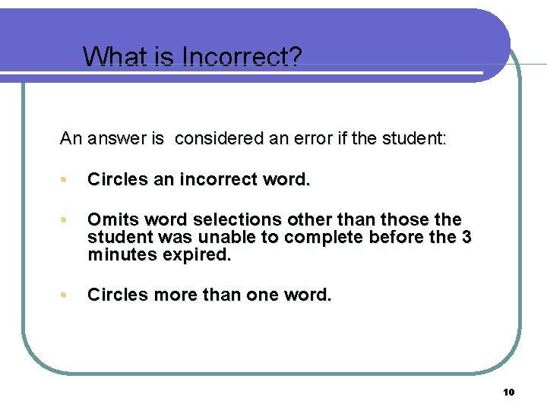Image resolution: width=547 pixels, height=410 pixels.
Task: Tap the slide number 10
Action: click(x=508, y=392)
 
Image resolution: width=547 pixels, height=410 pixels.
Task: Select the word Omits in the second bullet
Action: click(x=112, y=219)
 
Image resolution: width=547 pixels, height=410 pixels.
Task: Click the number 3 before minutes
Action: click(x=466, y=237)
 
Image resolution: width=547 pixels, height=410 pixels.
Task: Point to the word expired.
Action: click(x=197, y=254)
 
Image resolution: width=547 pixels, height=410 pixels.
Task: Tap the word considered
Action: click(x=215, y=138)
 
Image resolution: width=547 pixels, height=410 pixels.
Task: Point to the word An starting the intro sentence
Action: click(x=71, y=138)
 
